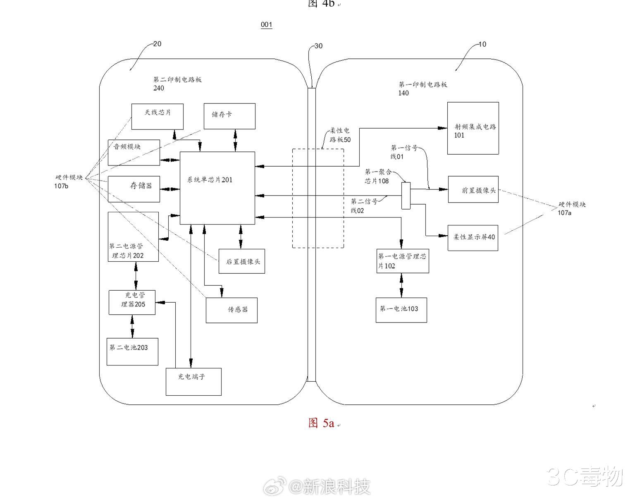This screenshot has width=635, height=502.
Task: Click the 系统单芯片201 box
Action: pyautogui.click(x=217, y=188)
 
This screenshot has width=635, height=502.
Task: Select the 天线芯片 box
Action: pyautogui.click(x=157, y=116)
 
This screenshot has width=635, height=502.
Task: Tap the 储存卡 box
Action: pyautogui.click(x=229, y=116)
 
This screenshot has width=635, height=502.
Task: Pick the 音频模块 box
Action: pyautogui.click(x=134, y=152)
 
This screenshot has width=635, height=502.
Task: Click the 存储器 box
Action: pyautogui.click(x=134, y=189)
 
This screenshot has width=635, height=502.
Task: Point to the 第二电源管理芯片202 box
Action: pyautogui.click(x=133, y=237)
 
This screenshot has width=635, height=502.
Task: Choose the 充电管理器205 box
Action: pyautogui.click(x=132, y=302)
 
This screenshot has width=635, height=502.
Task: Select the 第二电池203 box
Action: pyautogui.click(x=132, y=351)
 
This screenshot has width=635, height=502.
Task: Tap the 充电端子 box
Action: pyautogui.click(x=193, y=381)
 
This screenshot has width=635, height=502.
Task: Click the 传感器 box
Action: pyautogui.click(x=232, y=310)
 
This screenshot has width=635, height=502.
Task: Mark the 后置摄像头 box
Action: pyautogui.click(x=242, y=261)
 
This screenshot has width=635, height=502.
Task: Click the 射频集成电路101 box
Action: pyautogui.click(x=473, y=128)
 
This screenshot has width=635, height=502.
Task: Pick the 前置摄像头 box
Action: pyautogui.click(x=473, y=189)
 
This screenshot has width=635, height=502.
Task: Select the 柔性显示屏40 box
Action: pyautogui.click(x=473, y=237)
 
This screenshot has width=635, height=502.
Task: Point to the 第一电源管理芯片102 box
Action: pyautogui.click(x=402, y=261)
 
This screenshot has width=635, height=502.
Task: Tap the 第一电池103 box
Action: pyautogui.click(x=401, y=310)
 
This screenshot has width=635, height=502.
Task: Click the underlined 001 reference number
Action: pyautogui.click(x=267, y=25)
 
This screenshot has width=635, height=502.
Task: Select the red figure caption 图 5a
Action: pyautogui.click(x=321, y=423)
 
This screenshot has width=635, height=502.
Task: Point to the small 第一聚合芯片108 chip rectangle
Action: pyautogui.click(x=406, y=195)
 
